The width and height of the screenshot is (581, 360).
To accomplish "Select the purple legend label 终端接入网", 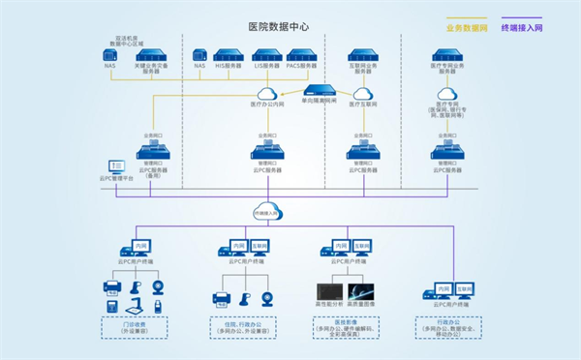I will [x=522, y=28].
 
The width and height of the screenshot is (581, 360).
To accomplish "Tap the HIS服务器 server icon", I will [x=227, y=54].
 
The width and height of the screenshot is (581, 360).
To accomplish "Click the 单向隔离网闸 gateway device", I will [x=319, y=90].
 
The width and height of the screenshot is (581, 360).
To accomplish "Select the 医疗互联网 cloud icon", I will [x=362, y=94].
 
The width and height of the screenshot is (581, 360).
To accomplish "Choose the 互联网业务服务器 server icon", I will [x=361, y=54].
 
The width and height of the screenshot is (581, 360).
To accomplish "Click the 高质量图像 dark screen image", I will [x=360, y=290].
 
